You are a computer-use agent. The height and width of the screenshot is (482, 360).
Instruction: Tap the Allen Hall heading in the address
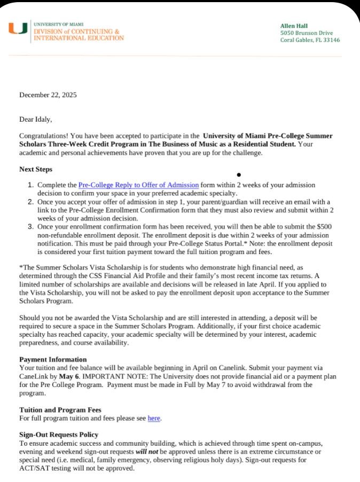[294, 26]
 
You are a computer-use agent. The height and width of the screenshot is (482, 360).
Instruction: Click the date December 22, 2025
[48, 95]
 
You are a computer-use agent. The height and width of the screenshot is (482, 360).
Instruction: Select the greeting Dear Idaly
[36, 120]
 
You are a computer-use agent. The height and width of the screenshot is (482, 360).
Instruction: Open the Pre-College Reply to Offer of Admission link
[138, 185]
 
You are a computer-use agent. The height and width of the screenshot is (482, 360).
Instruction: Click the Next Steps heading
[36, 170]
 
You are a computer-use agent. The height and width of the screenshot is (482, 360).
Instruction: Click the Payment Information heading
[53, 359]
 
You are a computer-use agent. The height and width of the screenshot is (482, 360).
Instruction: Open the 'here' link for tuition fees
[154, 418]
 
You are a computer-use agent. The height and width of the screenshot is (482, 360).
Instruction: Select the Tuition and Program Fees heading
[60, 410]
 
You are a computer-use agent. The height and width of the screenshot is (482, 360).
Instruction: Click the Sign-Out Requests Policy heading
[59, 435]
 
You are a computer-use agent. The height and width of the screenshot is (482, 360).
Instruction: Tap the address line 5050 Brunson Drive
[307, 33]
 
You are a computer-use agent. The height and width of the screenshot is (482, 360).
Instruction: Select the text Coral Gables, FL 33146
[310, 40]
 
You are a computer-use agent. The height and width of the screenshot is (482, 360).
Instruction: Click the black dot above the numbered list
[238, 175]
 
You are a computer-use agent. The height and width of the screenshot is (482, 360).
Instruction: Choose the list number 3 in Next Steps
[30, 227]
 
